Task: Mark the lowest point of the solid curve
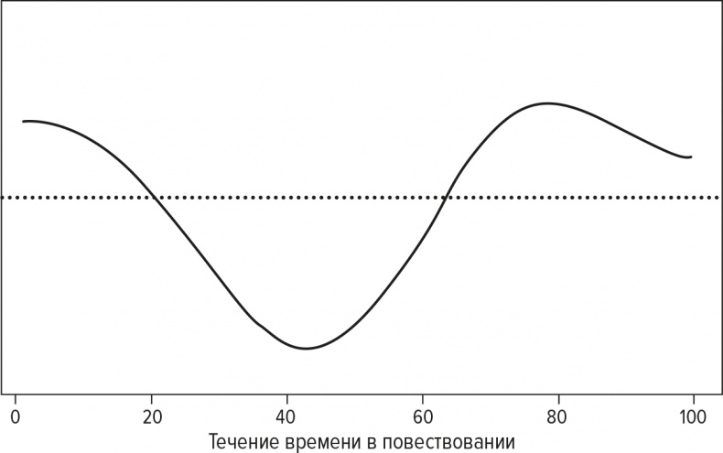point(307,349)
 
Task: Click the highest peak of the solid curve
point(547,102)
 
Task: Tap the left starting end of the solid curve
point(24,121)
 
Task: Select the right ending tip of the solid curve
point(691,156)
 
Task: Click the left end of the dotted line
point(3,198)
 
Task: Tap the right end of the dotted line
point(719,198)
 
